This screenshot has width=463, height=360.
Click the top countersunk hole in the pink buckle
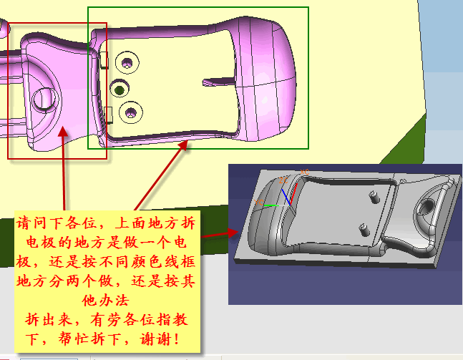click(x=127, y=62)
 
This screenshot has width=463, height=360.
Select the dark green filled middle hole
click(x=120, y=89)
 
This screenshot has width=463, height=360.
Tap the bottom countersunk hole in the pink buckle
click(x=131, y=112)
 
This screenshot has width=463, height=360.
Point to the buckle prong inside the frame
click(x=218, y=82)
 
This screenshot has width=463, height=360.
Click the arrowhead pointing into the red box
click(x=63, y=132)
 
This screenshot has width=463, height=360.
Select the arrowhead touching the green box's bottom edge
click(x=183, y=145)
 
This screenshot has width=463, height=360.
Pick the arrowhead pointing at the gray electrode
click(x=233, y=233)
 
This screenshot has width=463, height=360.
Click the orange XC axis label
click(x=304, y=172)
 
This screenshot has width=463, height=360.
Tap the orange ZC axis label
click(x=283, y=180)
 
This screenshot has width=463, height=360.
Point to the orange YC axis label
click(x=258, y=203)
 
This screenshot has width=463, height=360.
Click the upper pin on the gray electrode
click(x=374, y=197)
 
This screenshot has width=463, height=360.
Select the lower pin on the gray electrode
click(x=364, y=230)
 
